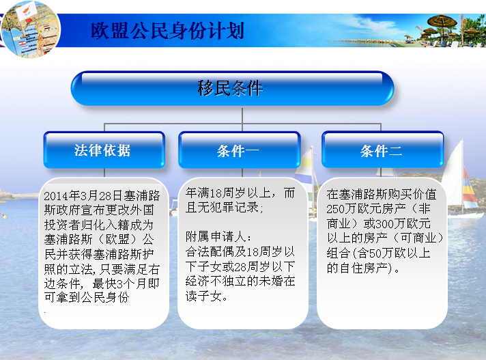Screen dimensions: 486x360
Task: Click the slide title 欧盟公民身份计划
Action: coord(168,31)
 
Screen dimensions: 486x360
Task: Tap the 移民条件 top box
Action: coord(233,88)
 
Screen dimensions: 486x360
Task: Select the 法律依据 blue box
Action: coord(104,150)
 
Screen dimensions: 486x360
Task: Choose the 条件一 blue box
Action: coord(240,150)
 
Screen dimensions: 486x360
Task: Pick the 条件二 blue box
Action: coord(383,150)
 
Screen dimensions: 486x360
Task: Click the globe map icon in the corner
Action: coord(30,29)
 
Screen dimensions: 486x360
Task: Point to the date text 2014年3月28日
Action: coord(83,195)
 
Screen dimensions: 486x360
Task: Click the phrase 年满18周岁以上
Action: coord(228,193)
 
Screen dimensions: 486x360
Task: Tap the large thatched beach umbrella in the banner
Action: coord(442,23)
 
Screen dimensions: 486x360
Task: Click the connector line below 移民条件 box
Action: coord(242,115)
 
